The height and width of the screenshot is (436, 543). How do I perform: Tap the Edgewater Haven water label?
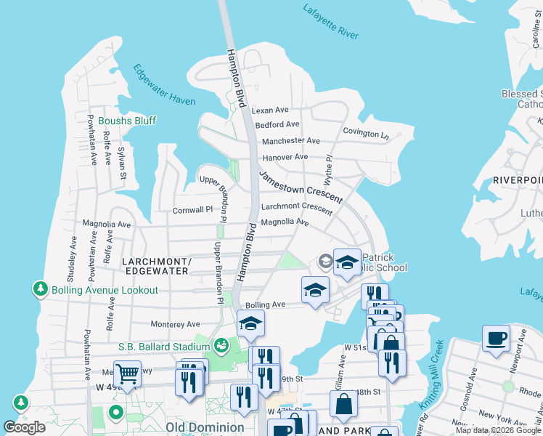(164, 85)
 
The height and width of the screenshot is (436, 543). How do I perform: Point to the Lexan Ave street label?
(270, 110)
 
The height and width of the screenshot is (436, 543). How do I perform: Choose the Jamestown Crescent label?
(301, 185)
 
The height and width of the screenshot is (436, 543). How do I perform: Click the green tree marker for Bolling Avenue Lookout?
(41, 289)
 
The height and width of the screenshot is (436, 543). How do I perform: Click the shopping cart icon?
(128, 374)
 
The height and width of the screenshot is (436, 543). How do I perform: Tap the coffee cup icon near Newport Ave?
(496, 339)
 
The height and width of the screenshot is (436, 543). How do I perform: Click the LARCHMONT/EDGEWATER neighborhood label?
(155, 266)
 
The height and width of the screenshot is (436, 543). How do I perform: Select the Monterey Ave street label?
(175, 324)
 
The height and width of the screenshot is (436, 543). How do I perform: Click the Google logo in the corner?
(25, 427)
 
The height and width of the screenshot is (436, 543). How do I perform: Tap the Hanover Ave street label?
(285, 157)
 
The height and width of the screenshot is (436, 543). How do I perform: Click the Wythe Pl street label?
(328, 169)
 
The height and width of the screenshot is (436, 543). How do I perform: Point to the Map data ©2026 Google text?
(498, 430)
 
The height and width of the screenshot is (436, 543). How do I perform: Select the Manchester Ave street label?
(290, 141)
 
